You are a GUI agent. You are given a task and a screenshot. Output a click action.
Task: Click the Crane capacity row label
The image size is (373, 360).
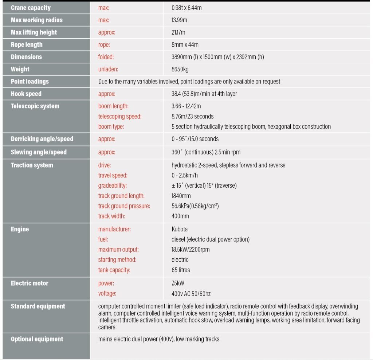tap(31, 8)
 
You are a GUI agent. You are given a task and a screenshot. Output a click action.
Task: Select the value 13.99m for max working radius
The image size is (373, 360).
tap(179, 20)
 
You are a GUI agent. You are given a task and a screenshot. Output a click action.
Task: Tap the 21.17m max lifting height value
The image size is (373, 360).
tap(178, 32)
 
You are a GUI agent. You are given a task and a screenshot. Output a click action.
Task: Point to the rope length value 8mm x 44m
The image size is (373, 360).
tap(185, 45)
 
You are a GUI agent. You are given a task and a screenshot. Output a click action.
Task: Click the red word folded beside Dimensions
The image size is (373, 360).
tap(106, 57)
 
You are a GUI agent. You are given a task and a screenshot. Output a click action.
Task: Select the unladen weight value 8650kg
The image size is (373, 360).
tap(180, 69)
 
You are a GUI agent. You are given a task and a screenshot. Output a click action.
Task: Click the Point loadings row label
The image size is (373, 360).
tap(30, 82)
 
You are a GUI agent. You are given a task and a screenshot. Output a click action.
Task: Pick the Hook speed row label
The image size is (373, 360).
tap(26, 94)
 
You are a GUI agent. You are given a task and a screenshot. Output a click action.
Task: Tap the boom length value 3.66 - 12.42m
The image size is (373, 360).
tap(186, 106)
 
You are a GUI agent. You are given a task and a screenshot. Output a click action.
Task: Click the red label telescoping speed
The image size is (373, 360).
tap(120, 117)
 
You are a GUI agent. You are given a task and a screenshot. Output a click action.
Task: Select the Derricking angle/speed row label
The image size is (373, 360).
tap(42, 139)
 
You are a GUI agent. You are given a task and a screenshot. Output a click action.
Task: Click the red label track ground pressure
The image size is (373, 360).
tap(124, 206)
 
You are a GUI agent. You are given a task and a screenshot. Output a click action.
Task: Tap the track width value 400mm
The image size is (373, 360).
tap(180, 216)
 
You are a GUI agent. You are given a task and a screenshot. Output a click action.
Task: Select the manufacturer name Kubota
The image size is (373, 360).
tap(180, 229)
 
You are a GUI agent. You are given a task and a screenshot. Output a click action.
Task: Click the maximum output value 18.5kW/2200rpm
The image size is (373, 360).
tap(191, 250)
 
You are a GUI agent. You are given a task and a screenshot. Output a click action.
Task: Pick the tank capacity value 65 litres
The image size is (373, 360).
tap(181, 270)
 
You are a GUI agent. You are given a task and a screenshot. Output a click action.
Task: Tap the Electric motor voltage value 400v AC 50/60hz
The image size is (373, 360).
tap(191, 293)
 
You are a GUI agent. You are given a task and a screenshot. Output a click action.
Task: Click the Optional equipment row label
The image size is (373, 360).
tap(37, 339)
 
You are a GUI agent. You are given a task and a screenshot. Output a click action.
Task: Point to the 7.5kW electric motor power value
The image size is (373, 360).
tap(178, 283)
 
